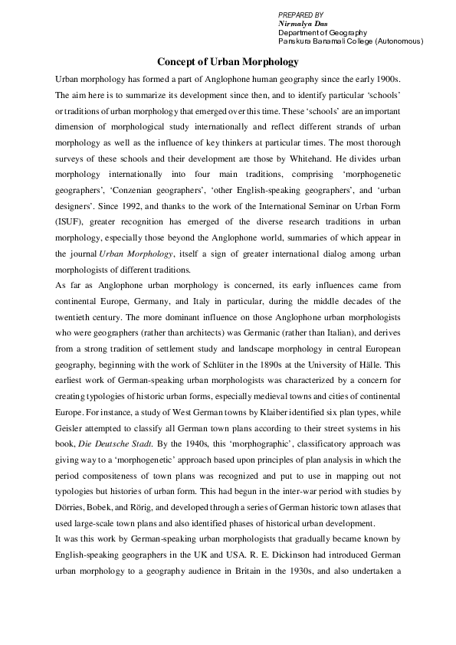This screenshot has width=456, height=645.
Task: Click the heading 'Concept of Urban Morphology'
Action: (228, 61)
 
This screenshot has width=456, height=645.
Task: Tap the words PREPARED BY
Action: (300, 15)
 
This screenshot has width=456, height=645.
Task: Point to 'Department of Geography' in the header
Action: (323, 32)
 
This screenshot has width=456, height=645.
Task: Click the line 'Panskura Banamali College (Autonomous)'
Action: (350, 41)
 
